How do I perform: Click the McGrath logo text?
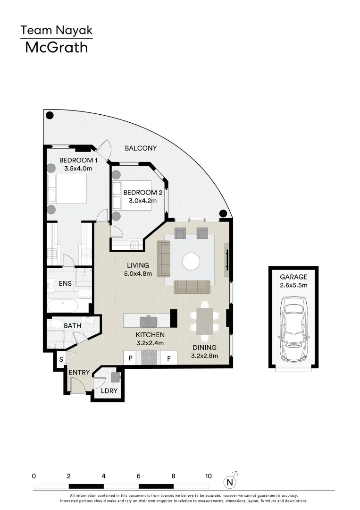56,47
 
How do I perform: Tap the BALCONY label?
141,148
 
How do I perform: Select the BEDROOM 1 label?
78,160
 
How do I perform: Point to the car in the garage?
293,328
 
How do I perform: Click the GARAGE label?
293,277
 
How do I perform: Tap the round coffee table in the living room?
192,262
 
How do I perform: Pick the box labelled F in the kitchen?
168,358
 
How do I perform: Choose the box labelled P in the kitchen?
131,358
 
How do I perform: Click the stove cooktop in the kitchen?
149,358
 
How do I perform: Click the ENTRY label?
79,373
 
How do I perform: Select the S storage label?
61,359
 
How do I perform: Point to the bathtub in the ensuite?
63,306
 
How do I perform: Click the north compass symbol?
230,482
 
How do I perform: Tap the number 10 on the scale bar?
208,476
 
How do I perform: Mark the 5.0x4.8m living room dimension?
137,273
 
